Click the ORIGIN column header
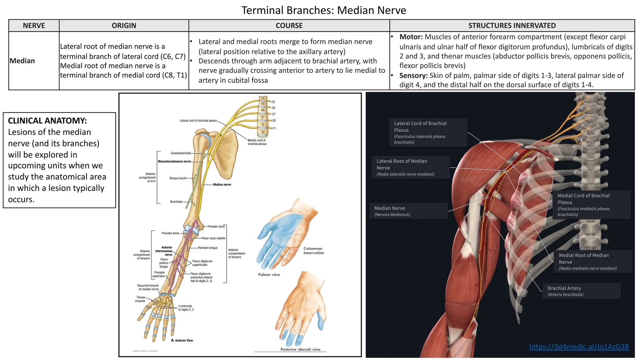click(x=124, y=26)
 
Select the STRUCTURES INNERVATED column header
click(x=512, y=26)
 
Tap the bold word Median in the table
click(x=22, y=61)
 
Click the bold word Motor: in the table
click(x=411, y=37)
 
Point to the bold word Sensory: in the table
click(x=413, y=76)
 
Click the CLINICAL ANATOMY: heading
click(x=47, y=121)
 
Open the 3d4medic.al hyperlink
click(x=579, y=347)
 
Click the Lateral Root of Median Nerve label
click(x=410, y=167)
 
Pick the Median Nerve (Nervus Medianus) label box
click(x=408, y=211)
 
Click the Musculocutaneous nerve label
click(x=174, y=162)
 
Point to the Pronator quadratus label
click(x=159, y=274)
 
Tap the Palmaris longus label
click(x=207, y=248)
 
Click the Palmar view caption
click(x=269, y=275)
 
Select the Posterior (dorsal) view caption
click(x=300, y=349)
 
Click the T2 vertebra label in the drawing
click(x=263, y=132)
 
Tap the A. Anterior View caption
click(x=182, y=340)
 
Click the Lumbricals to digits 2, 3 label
click(x=186, y=308)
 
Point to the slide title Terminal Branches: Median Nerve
click(x=323, y=10)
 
